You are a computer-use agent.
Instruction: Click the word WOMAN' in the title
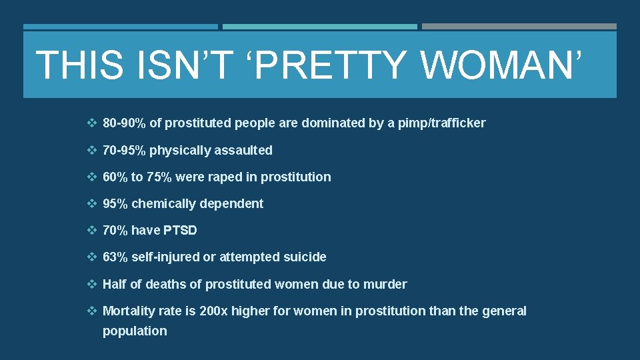point(503,65)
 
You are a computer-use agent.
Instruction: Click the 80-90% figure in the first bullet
point(124,123)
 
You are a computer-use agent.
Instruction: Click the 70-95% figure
point(124,151)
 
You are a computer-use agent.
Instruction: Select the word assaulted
point(243,151)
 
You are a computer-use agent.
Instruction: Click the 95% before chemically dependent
point(115,204)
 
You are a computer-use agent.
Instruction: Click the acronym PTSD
point(180,231)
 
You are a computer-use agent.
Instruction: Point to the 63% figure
point(115,257)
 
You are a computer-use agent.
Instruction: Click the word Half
point(114,285)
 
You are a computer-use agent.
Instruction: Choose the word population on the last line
point(135,331)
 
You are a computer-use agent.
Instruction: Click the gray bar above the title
point(519,27)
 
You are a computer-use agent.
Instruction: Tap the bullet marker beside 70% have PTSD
point(92,231)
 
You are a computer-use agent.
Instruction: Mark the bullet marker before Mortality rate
point(92,311)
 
